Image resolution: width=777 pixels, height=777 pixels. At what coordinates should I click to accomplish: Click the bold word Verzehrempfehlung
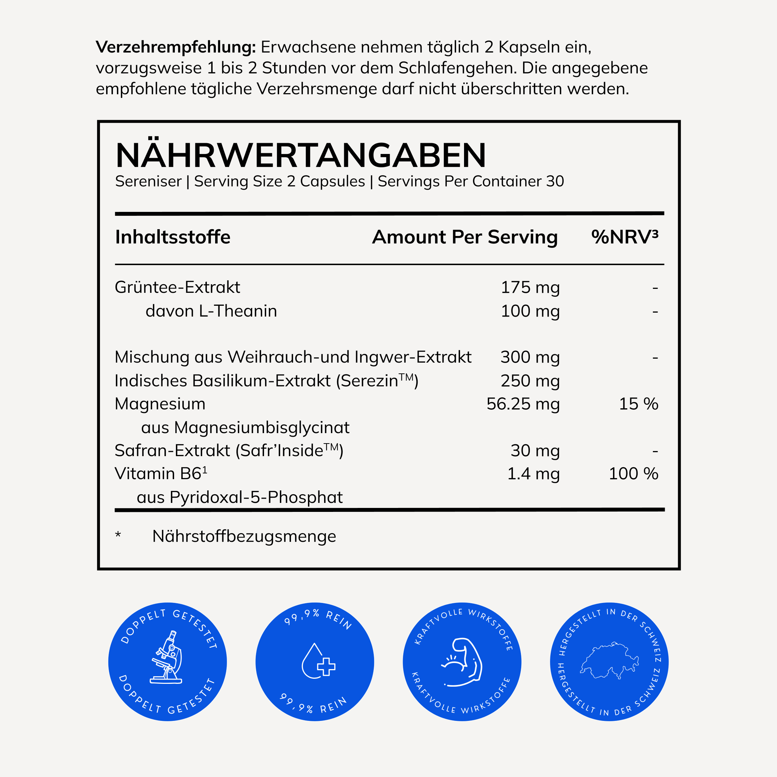tap(176, 47)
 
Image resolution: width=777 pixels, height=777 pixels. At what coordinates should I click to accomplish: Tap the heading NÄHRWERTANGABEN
tap(300, 156)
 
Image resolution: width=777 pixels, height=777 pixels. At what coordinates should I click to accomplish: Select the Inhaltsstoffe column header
tap(173, 237)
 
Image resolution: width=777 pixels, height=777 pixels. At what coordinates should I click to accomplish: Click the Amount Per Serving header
tap(464, 237)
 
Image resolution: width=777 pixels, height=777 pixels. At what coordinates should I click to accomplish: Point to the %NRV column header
tap(624, 237)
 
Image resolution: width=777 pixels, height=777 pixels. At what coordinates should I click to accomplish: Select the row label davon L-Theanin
tap(211, 311)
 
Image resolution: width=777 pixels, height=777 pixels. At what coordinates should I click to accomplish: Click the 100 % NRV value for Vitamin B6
tap(633, 474)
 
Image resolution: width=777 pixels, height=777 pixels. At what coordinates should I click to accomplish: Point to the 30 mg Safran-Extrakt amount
tap(535, 451)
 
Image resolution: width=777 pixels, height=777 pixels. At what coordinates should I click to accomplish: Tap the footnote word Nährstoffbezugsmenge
tap(244, 536)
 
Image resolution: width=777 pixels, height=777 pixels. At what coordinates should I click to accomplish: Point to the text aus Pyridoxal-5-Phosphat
tap(240, 497)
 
